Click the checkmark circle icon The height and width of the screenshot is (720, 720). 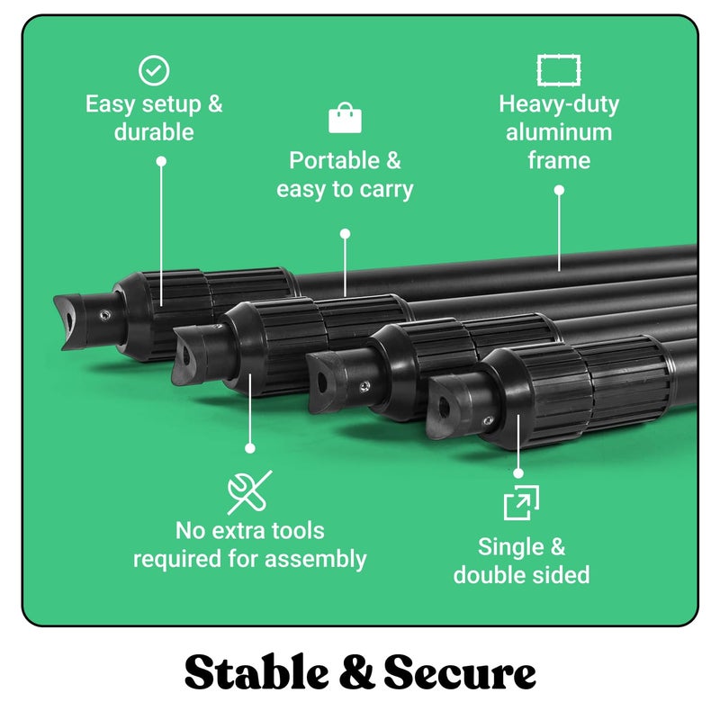coord(154,70)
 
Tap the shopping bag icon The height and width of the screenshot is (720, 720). coord(345,118)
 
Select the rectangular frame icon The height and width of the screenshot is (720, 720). coord(559,70)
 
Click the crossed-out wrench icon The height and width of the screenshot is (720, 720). coord(249,492)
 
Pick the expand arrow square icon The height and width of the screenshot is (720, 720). coord(521,502)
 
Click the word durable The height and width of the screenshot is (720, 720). coord(154,132)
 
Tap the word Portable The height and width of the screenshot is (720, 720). coord(334,161)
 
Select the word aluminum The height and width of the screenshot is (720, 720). coord(559,132)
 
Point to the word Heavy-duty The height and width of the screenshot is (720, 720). coord(559,104)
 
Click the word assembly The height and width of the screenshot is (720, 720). coord(316,559)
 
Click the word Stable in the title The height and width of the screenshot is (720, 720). coord(256,672)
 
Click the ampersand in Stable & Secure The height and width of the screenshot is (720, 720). coord(356,672)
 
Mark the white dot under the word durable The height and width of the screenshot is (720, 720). coord(161,161)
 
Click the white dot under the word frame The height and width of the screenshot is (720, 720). coord(559,190)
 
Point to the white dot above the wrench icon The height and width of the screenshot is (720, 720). coord(250,448)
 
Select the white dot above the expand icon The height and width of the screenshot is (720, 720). coord(518,473)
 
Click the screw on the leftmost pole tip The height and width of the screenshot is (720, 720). coord(105,314)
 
